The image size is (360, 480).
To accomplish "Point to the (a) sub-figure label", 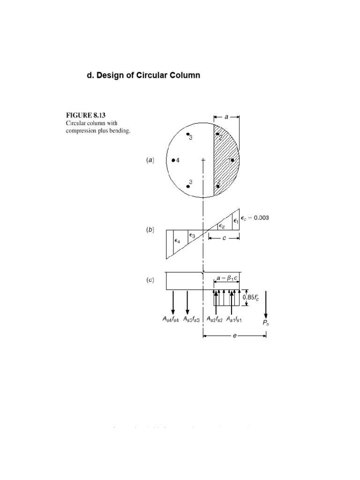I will coord(149,160).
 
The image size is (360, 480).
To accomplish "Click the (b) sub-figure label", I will coord(149,231).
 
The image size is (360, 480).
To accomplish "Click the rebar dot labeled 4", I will coord(173,160).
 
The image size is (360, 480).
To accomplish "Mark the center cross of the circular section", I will coord(202,160).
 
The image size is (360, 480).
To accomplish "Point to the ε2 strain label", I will coord(221,226).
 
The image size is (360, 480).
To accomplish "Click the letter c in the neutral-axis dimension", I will coord(224,238).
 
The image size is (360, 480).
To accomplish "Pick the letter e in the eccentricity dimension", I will coord(234,336).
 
